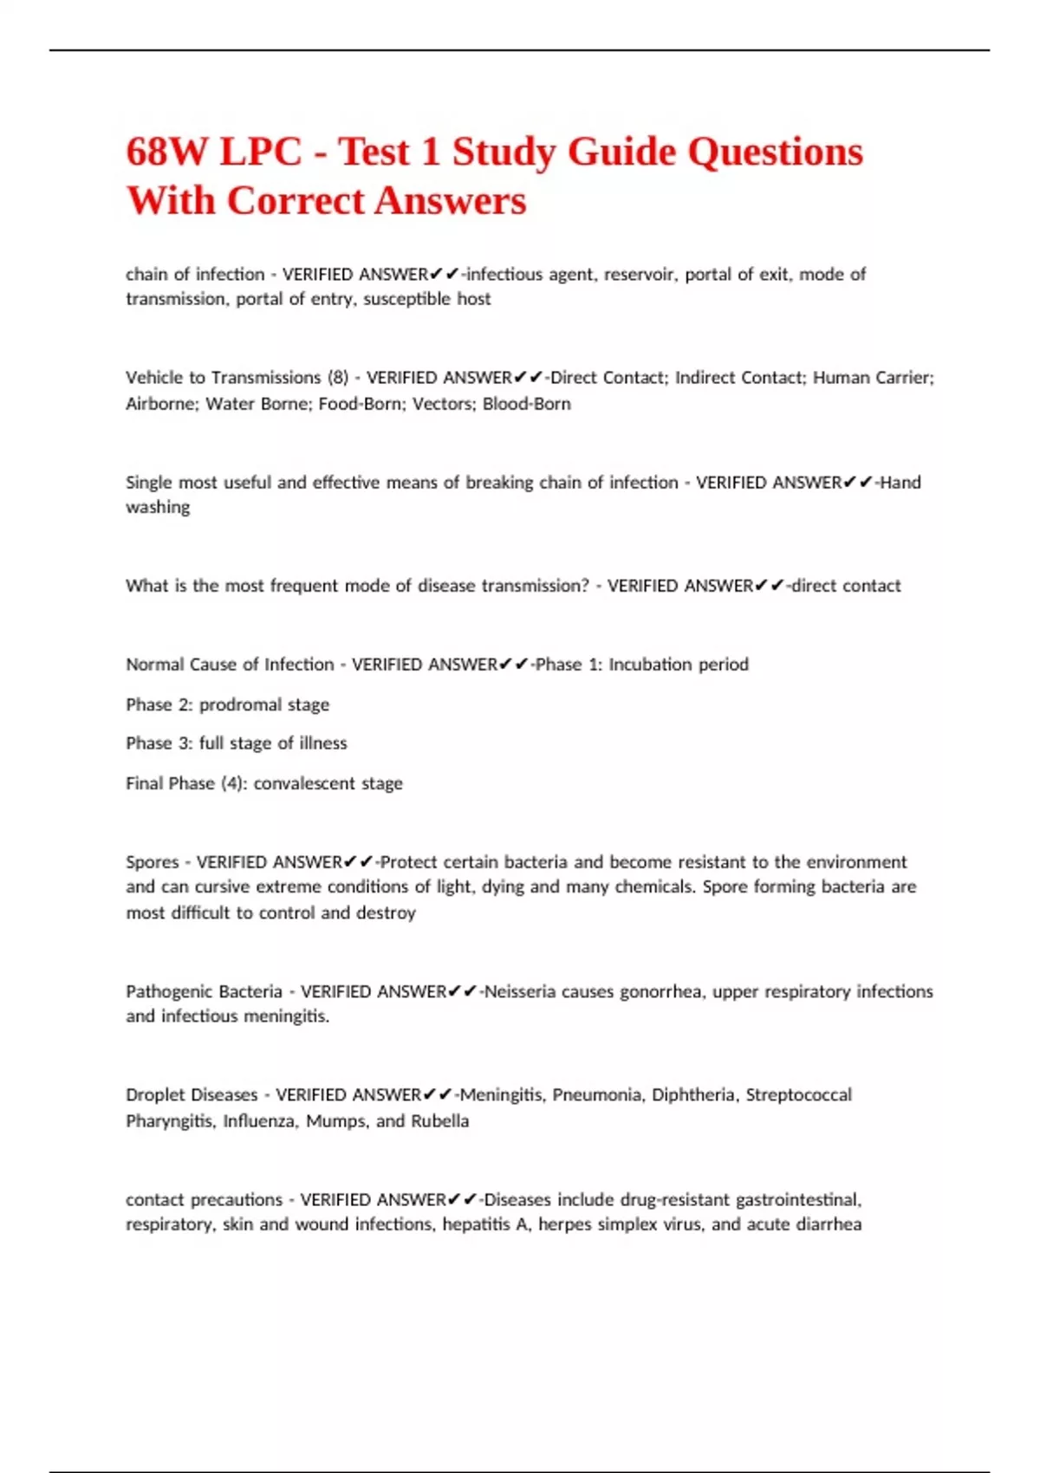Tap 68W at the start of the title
(x=170, y=152)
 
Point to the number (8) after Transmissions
(x=337, y=378)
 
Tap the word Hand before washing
(x=900, y=483)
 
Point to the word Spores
(x=152, y=862)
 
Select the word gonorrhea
(x=660, y=991)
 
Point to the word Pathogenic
(x=168, y=991)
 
